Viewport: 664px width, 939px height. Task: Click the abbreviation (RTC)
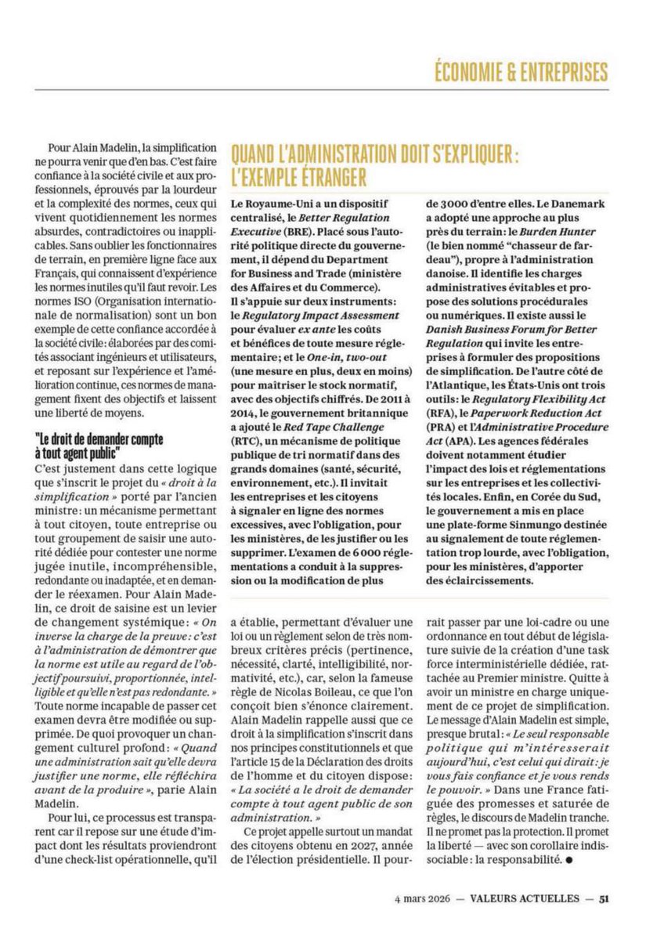(248, 441)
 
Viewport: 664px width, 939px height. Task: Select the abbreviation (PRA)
(441, 426)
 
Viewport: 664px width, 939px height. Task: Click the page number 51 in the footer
(604, 899)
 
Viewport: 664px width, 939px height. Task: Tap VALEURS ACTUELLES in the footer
(525, 899)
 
